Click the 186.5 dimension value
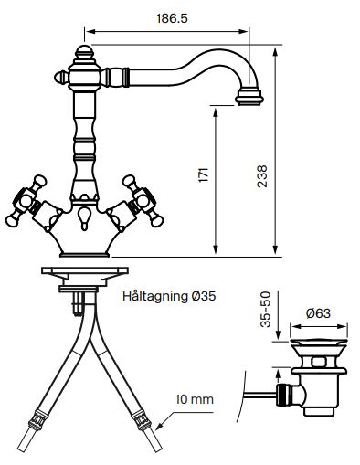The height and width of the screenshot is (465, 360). pyautogui.click(x=172, y=18)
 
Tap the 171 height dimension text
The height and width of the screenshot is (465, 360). pyautogui.click(x=204, y=174)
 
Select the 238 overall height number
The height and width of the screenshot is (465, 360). pyautogui.click(x=262, y=176)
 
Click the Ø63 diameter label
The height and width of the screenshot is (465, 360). pyautogui.click(x=318, y=313)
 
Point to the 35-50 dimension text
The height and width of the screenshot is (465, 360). pyautogui.click(x=266, y=310)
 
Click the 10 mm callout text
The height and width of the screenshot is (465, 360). pyautogui.click(x=195, y=399)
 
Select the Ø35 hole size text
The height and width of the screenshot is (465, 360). pyautogui.click(x=204, y=296)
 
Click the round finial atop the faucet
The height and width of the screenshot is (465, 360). pyautogui.click(x=84, y=52)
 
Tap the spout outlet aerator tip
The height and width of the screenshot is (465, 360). pyautogui.click(x=249, y=97)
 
